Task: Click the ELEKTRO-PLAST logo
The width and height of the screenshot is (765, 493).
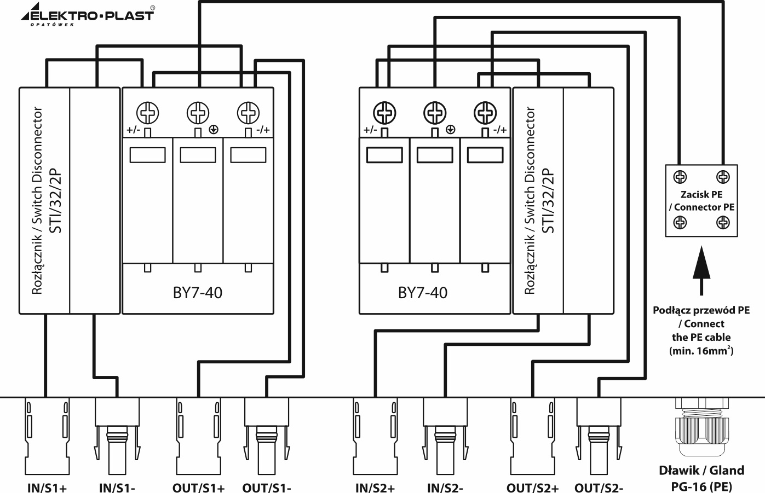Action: (88, 15)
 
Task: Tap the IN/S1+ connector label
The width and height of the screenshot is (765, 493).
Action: (47, 487)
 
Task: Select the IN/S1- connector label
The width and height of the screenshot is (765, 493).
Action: (117, 487)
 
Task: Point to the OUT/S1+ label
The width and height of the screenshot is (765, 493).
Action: (198, 487)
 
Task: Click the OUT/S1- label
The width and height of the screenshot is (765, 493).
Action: (267, 487)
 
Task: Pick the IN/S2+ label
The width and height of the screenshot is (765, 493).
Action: (375, 487)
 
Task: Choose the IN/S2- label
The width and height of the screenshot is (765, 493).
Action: (445, 487)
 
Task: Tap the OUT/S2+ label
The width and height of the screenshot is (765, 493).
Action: (532, 487)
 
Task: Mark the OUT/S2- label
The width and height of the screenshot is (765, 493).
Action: (599, 487)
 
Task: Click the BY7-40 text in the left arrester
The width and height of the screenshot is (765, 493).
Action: (198, 293)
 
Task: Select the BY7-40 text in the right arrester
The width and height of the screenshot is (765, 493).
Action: (423, 293)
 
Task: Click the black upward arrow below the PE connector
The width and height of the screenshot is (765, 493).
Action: (701, 263)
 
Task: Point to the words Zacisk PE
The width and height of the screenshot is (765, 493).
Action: (701, 194)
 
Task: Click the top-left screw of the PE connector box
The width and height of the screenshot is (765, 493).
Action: (680, 177)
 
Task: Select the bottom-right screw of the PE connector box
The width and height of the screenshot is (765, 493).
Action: (723, 223)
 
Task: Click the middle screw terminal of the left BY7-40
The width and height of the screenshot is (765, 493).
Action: (198, 113)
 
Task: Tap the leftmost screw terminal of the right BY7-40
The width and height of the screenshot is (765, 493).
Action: (385, 113)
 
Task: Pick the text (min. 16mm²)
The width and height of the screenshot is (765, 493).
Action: (701, 351)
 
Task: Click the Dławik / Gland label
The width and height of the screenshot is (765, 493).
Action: (701, 470)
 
